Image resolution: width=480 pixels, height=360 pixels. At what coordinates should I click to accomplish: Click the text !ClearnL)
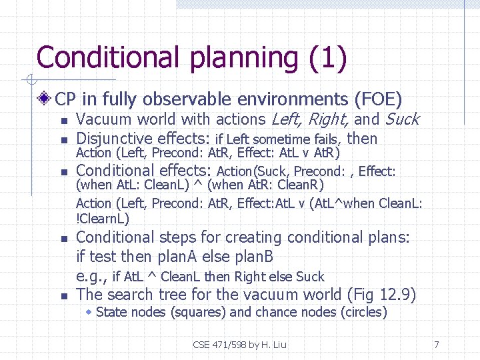pos(103,219)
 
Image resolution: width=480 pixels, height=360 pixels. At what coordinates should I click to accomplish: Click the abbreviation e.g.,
pos(91,277)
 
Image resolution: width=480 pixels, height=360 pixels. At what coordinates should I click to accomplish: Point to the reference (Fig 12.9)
pos(382,295)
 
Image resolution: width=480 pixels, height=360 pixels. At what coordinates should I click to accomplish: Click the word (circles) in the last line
pos(363,312)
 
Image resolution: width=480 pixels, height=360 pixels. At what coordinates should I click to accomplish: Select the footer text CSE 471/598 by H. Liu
pos(239,345)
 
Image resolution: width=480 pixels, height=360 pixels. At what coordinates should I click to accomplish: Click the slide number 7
pos(436,345)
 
